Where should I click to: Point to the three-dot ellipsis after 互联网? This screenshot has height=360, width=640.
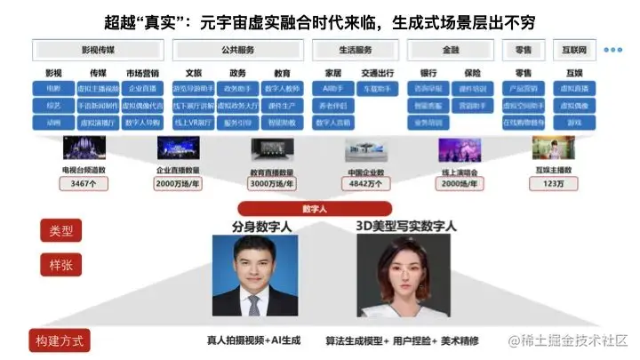pos(613,50)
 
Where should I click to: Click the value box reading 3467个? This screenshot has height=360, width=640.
pos(85,184)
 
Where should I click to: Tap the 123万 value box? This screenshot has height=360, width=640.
pos(552,184)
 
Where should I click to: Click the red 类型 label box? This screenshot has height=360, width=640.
pos(61,232)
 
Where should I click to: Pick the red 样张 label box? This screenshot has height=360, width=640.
pos(61,264)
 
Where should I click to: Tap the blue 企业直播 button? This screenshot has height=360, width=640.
pos(142,89)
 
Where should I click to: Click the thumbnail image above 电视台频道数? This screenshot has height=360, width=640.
pos(84,148)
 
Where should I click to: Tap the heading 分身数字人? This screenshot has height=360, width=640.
pos(261,227)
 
